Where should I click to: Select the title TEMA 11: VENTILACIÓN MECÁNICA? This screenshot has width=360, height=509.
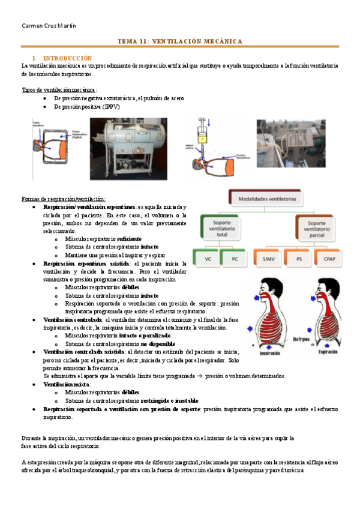(x=179, y=41)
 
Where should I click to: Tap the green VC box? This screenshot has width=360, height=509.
(x=208, y=259)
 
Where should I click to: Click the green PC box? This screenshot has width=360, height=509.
(x=235, y=259)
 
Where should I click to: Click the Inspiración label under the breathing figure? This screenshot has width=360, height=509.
(x=271, y=354)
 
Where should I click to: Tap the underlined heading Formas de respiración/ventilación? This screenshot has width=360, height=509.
(x=64, y=199)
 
